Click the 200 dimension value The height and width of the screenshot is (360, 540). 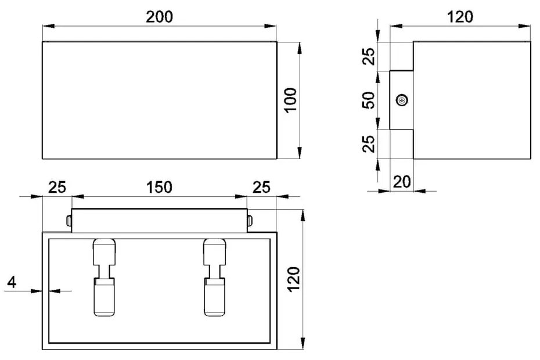(x=159, y=17)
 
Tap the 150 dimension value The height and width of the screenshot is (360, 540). (x=159, y=187)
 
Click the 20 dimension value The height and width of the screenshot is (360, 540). (x=402, y=182)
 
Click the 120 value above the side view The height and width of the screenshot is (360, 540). (x=460, y=17)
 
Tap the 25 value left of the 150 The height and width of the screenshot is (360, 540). (x=57, y=187)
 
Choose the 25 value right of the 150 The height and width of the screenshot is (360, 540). (x=262, y=187)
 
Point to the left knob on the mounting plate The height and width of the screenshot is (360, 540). (x=69, y=221)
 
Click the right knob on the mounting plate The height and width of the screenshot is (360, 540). (x=250, y=221)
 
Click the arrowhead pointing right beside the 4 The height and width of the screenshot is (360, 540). (x=38, y=290)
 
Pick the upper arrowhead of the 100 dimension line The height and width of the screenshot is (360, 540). (x=300, y=46)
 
